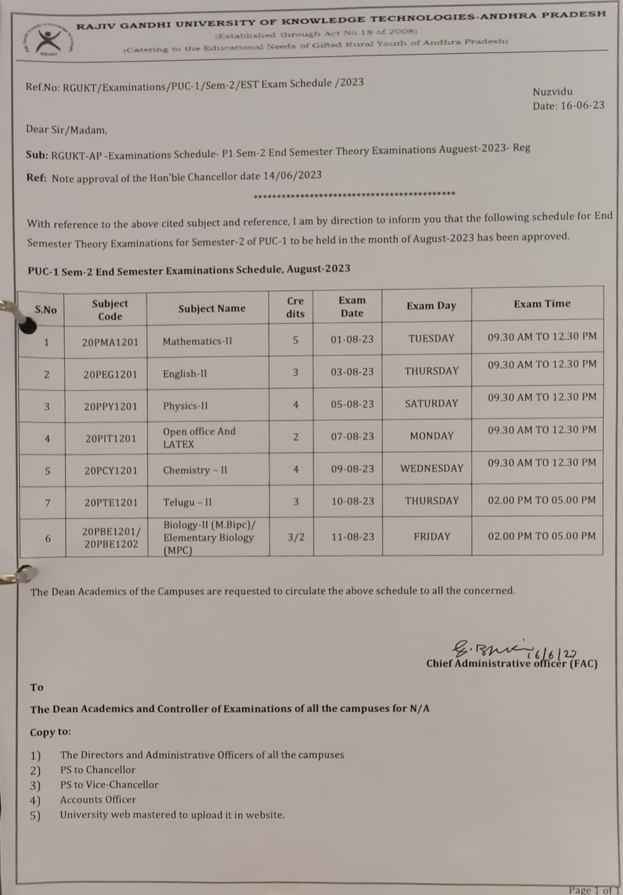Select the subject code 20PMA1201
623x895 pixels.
110,342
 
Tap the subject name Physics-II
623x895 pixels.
185,406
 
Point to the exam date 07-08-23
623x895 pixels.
352,436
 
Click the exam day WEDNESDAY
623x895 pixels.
431,468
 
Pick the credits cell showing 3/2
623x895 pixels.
296,537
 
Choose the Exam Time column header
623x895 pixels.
542,304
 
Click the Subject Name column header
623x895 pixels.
212,308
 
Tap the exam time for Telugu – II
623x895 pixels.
541,500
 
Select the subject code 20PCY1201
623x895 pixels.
110,471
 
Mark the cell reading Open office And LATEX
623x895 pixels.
199,438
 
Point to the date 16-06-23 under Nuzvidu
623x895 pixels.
582,105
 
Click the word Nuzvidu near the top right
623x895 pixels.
552,91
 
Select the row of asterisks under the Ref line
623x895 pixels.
354,194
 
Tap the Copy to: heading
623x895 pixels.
51,732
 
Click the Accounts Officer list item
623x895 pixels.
98,800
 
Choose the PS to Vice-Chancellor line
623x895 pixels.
109,785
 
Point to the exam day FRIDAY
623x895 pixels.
431,536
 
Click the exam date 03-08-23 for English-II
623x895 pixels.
352,372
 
